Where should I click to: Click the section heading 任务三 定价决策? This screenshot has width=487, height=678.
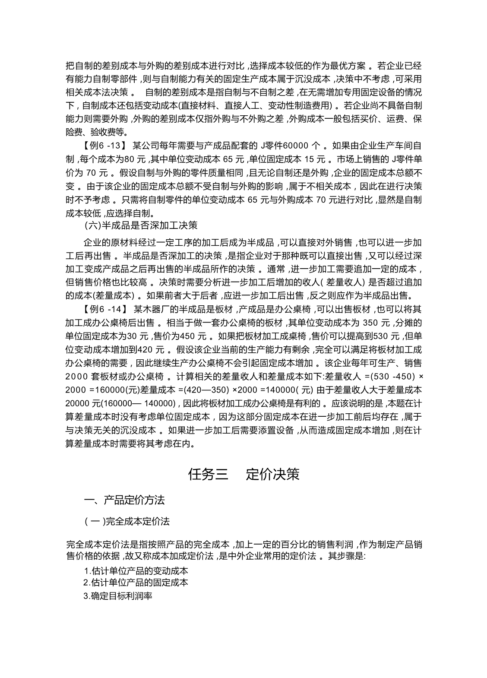coord(244,474)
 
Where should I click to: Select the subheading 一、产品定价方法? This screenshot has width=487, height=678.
coord(124,500)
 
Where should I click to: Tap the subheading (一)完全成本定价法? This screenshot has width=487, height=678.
coord(127,521)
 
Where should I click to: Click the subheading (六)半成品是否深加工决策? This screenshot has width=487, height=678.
coord(141,225)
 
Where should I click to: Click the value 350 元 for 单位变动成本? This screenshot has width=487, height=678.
coord(376,323)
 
